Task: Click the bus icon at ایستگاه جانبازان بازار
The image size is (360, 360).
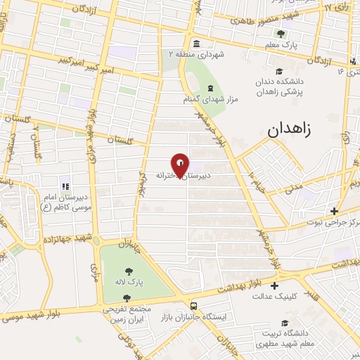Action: pos(193,306)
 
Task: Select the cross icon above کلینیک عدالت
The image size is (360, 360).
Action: pos(274,285)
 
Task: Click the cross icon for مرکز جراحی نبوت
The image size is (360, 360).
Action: pos(335,210)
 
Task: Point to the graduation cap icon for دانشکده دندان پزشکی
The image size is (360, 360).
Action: pos(279,70)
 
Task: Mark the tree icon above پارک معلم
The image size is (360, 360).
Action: pos(281,33)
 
